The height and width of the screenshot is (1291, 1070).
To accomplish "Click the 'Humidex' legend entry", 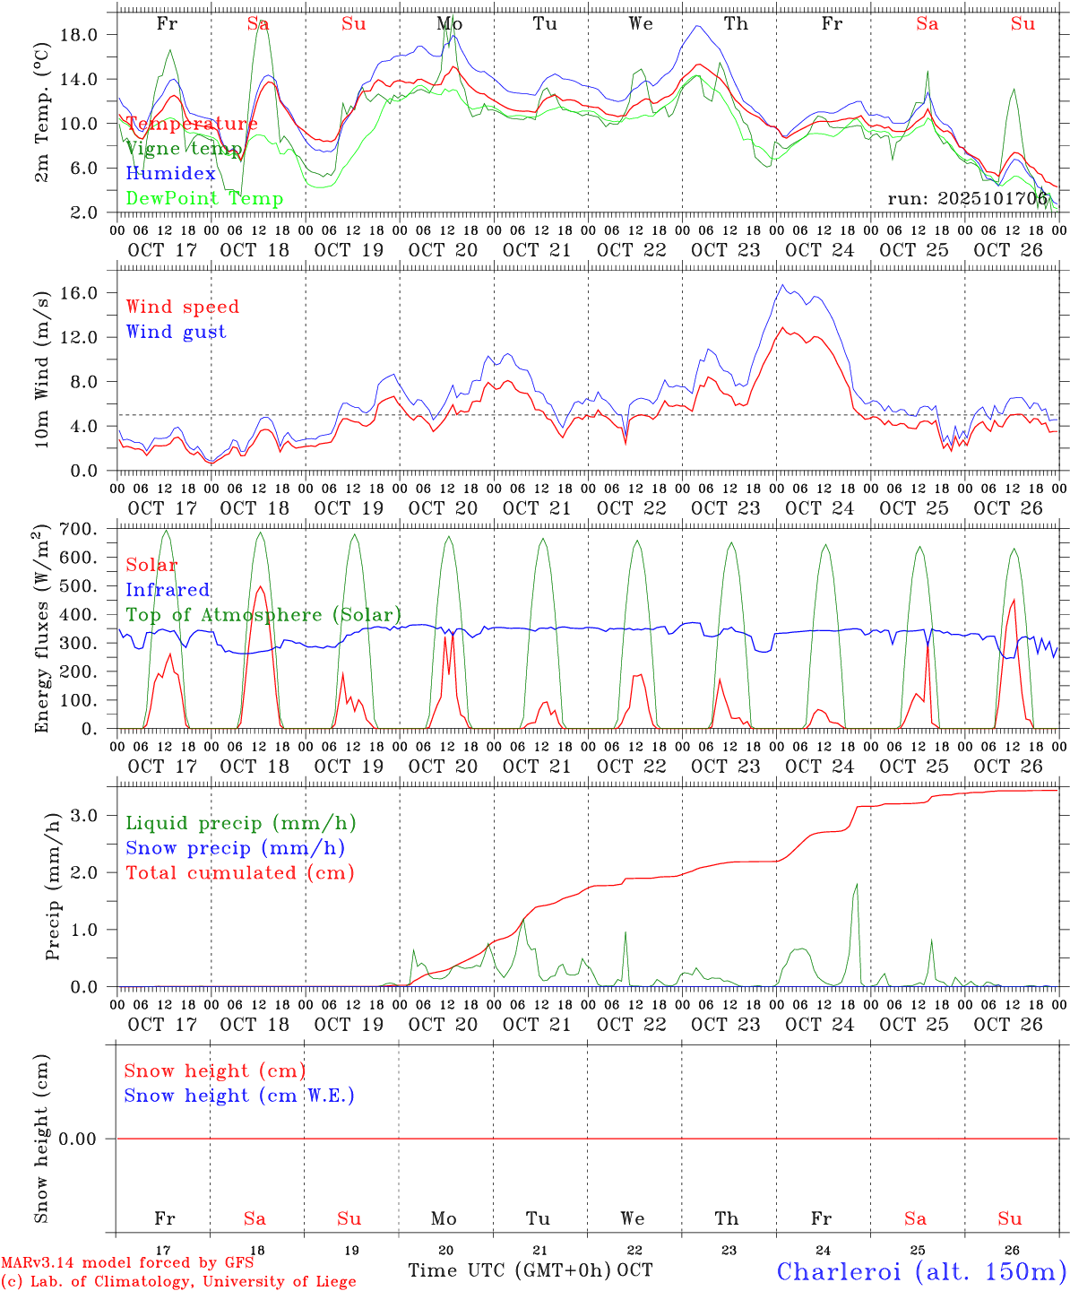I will tap(170, 174).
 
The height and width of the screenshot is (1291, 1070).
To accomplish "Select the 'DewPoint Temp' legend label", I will tap(204, 199).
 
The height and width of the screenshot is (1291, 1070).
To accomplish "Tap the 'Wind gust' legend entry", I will tap(176, 332).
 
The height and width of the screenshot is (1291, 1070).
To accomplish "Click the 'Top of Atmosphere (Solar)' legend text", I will tap(263, 615).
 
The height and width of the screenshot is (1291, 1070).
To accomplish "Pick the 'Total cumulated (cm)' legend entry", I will tap(240, 873).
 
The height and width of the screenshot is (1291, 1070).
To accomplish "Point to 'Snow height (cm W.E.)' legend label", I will tap(239, 1096).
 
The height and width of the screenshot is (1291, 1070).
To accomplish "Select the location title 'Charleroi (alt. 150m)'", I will tap(921, 1271).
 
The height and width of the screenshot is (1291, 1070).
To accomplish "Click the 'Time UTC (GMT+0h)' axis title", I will tap(510, 1270).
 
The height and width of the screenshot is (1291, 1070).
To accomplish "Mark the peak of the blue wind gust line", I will tap(782, 285).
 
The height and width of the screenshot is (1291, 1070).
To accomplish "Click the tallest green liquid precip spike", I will tap(857, 884).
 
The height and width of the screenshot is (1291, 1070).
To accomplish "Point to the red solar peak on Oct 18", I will tap(260, 586).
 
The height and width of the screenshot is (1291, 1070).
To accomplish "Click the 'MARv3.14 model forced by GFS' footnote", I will tap(127, 1262).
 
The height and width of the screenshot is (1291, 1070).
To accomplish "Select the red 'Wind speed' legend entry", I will tap(183, 307).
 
